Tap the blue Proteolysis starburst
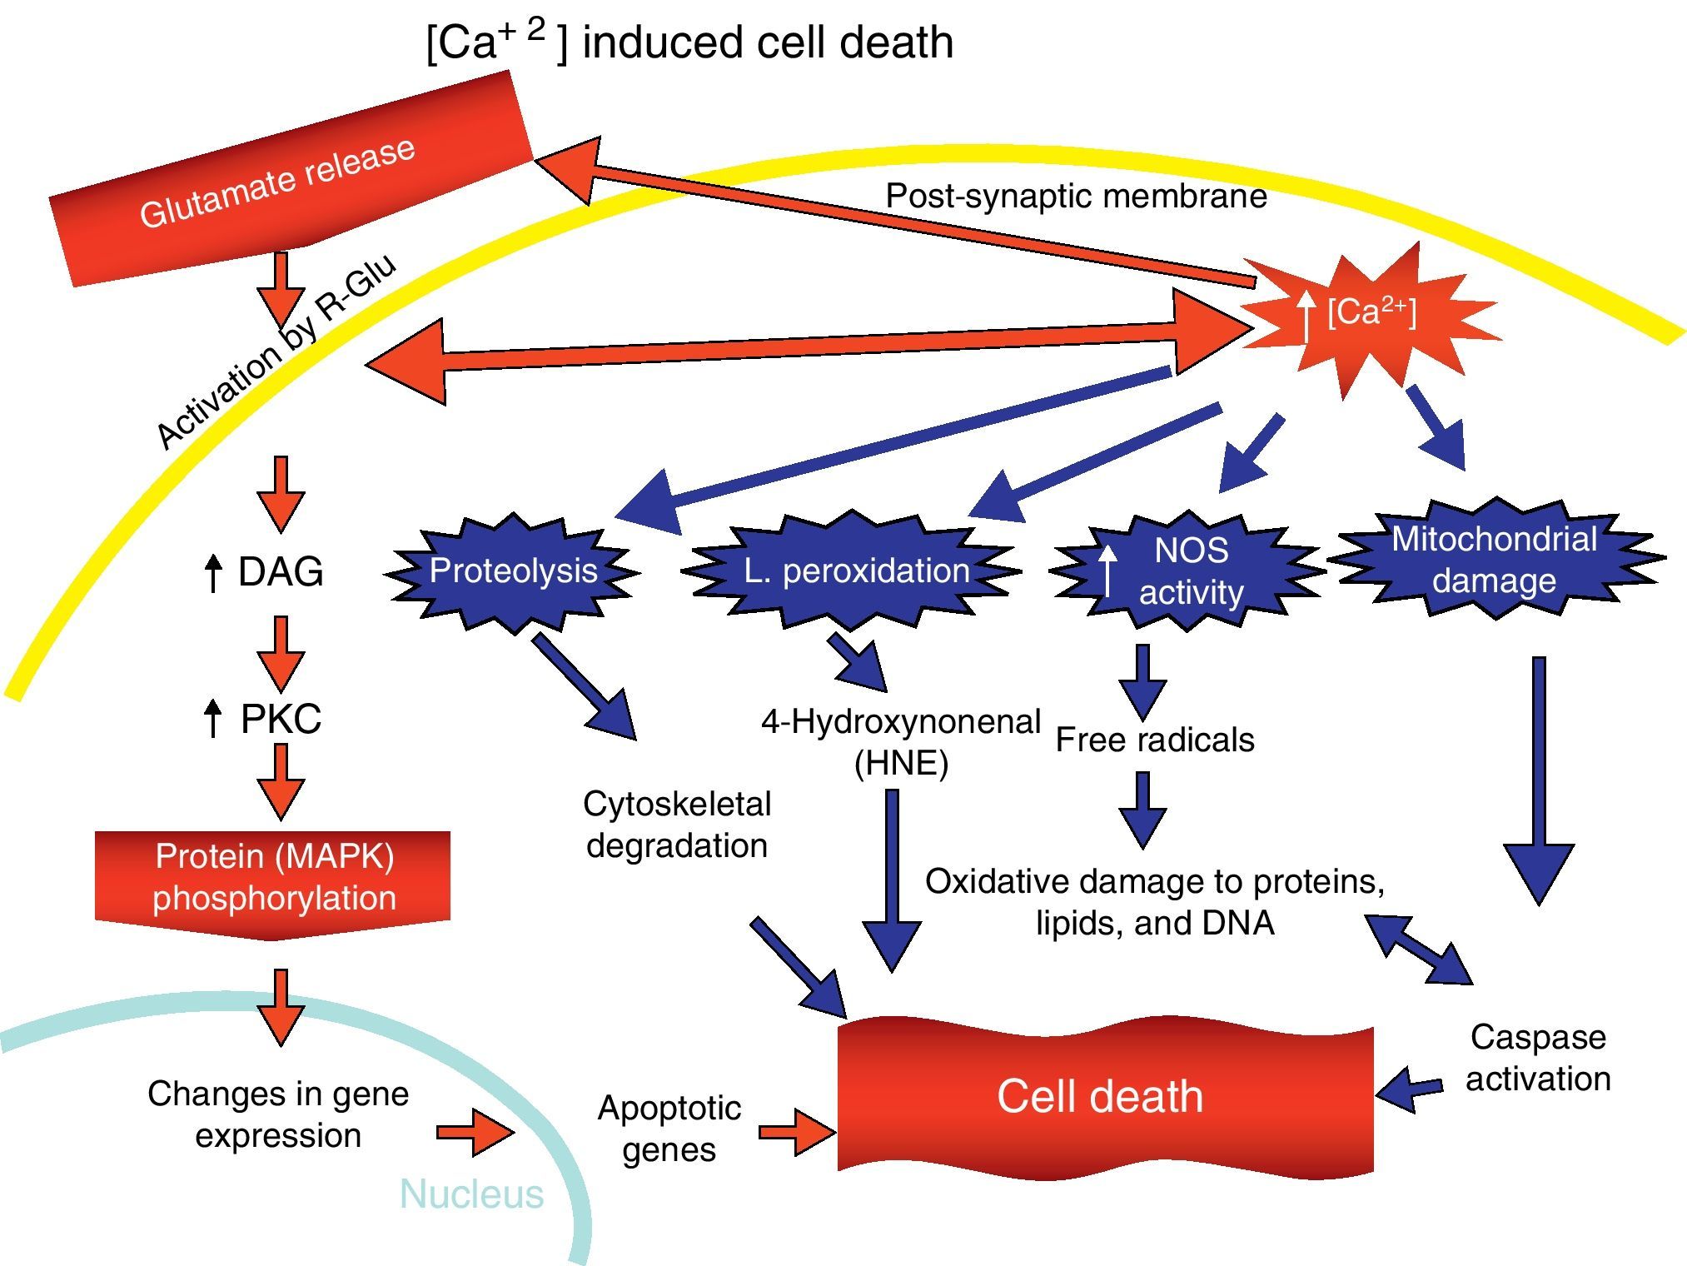click(513, 571)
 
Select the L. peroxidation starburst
click(854, 571)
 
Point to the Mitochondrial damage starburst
click(1494, 560)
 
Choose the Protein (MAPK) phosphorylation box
click(273, 880)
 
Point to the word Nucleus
click(471, 1194)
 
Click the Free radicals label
click(1154, 740)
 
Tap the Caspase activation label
click(1537, 1058)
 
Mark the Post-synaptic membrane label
click(1076, 197)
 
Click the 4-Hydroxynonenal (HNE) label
click(901, 741)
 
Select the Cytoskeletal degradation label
click(676, 825)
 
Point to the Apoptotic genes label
click(669, 1129)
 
